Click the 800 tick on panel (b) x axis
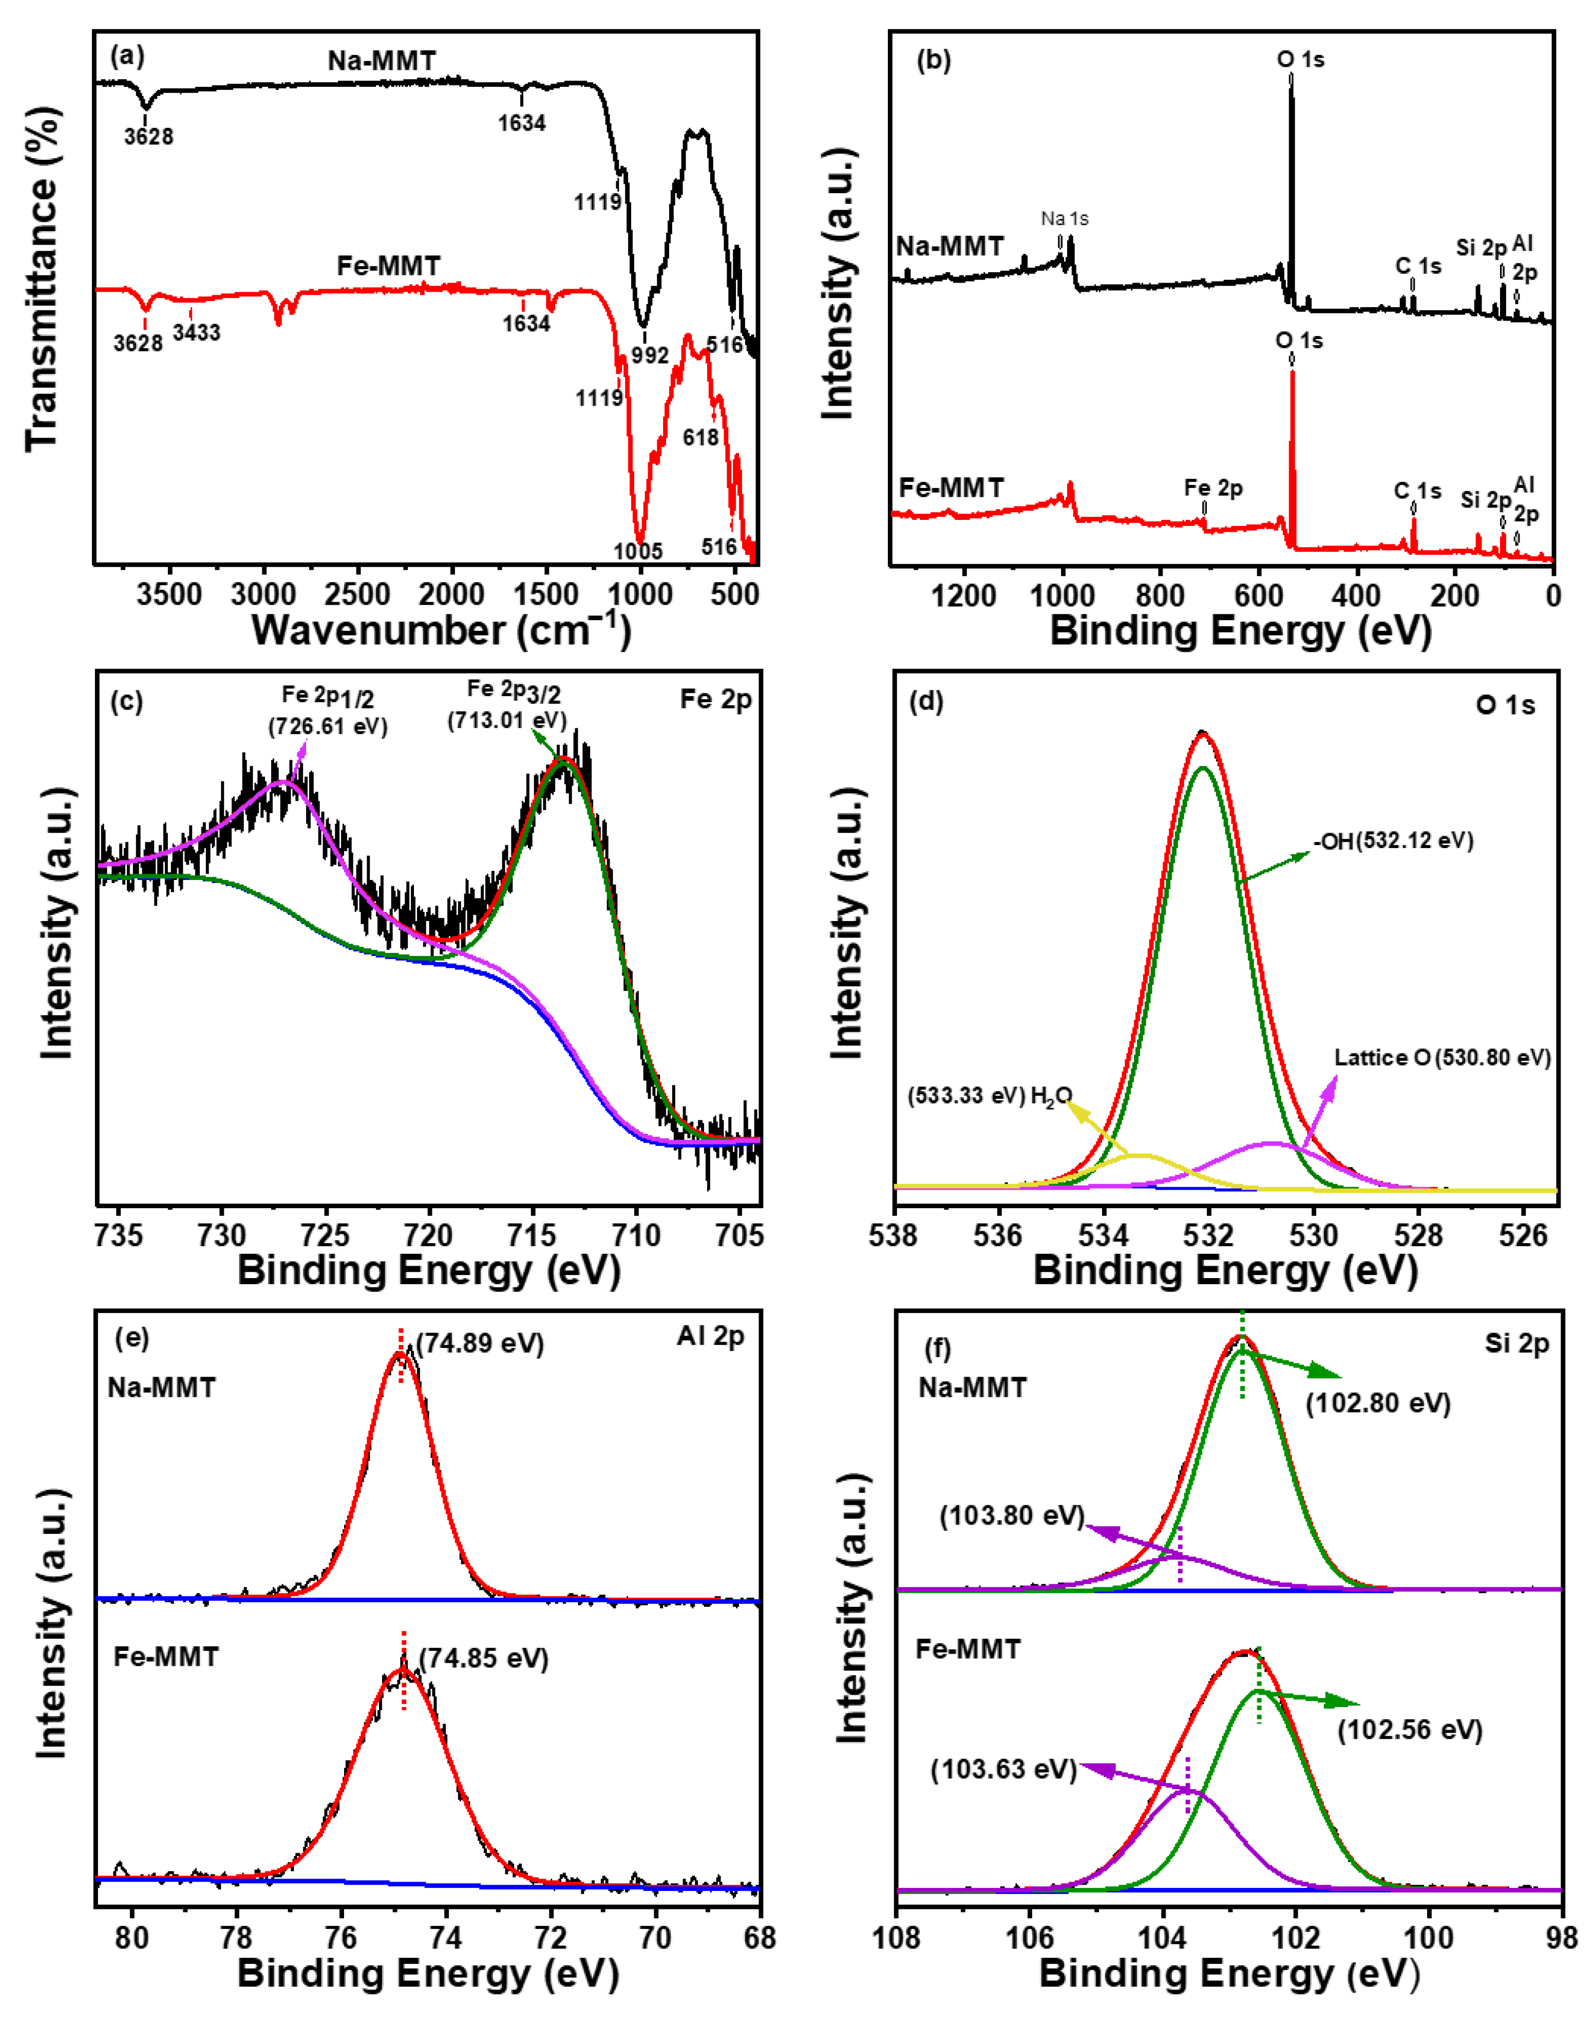click(1160, 595)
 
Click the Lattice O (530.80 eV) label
click(1442, 1058)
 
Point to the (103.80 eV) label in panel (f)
click(1012, 1515)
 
